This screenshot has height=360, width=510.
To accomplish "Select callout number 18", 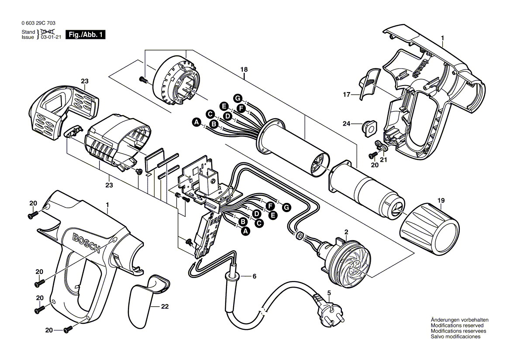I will click(244, 69).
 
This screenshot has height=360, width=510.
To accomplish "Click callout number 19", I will click(441, 201).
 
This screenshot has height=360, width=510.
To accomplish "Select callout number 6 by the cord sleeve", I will click(255, 276).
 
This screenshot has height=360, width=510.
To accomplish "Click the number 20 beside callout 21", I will click(374, 165).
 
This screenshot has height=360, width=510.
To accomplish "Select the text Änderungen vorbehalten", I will click(459, 320).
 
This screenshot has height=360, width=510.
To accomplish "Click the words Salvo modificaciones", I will click(455, 337).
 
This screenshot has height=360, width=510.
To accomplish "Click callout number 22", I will click(164, 306).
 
